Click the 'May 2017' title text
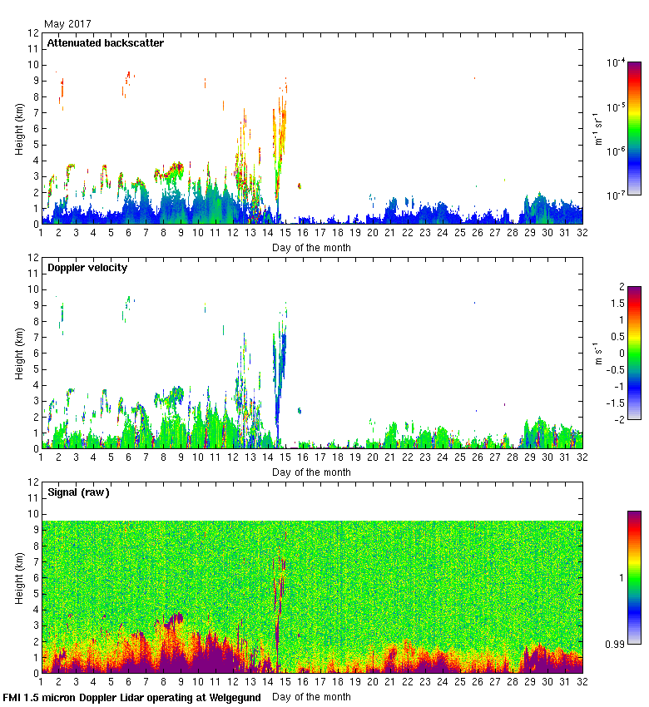pos(67,24)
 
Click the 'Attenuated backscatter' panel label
pos(105,42)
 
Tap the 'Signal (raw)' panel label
pos(78,492)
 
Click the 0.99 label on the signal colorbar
pos(615,643)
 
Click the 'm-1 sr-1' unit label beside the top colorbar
pos(598,129)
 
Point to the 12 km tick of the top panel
pos(33,33)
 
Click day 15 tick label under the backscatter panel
pos(285,234)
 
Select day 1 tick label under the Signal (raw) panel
pos(41,683)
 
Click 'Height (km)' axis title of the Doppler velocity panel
pos(18,353)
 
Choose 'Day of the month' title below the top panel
pos(311,247)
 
